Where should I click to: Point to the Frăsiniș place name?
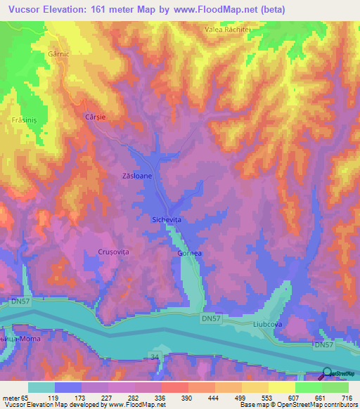25,120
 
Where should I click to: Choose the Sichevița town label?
167,220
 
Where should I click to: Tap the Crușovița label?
112,252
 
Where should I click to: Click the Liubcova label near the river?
268,325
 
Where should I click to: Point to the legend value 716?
347,397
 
